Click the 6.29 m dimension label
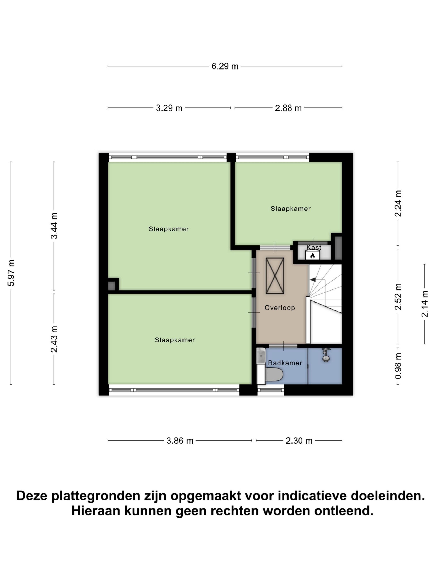225,66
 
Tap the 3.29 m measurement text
169,108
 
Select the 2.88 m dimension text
288,108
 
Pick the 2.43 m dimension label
54,339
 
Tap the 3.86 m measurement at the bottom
180,441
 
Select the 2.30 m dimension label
299,441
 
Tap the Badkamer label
285,363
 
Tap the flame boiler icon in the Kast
312,255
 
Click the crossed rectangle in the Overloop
275,276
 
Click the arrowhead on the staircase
313,280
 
